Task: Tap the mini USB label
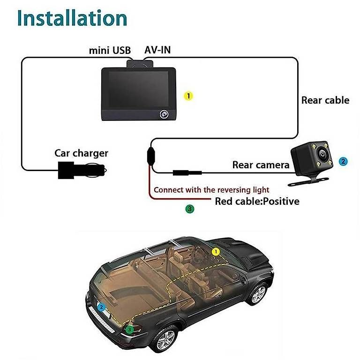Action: [110, 50]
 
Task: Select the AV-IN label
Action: [157, 50]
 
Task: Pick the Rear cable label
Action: [325, 100]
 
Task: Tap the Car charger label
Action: [81, 153]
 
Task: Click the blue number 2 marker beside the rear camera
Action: [344, 161]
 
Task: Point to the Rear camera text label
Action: [261, 165]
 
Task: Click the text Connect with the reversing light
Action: [211, 190]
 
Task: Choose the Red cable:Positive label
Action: [257, 202]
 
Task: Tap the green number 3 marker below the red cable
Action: [190, 209]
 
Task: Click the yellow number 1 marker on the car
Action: [216, 252]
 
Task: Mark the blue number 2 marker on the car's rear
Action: [101, 308]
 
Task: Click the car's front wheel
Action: [259, 294]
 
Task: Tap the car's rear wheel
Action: [166, 338]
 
